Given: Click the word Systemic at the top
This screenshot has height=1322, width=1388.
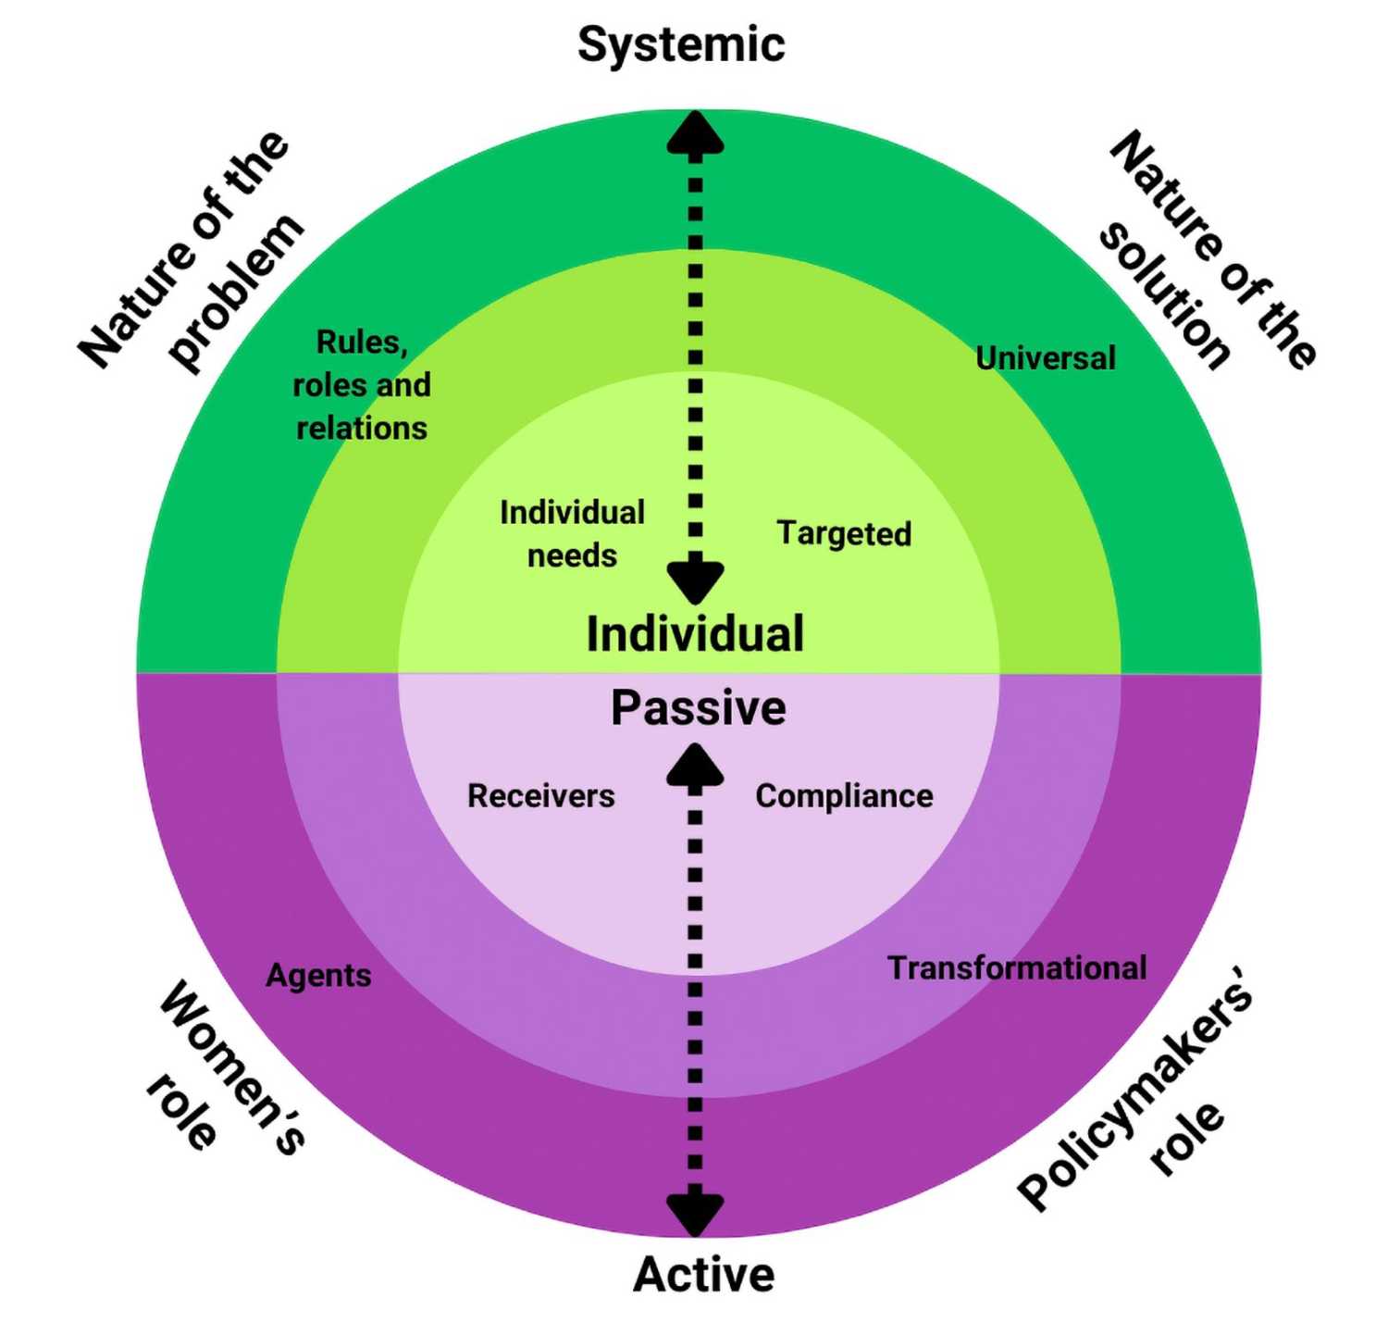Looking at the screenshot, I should tap(681, 45).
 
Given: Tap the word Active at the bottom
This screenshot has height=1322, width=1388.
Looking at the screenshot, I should tap(703, 1274).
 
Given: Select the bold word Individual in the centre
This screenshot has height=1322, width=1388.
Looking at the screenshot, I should tap(695, 634).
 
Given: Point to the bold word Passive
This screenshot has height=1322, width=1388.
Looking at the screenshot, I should tap(699, 708).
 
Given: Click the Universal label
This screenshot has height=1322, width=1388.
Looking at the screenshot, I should tap(1046, 358).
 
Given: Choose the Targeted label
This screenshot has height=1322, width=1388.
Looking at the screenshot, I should tap(844, 533).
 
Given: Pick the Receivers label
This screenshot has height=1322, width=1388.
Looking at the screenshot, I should tap(541, 796).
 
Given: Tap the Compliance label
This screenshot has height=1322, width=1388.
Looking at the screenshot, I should tap(844, 796).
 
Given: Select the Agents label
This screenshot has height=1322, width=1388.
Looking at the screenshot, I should tap(318, 976).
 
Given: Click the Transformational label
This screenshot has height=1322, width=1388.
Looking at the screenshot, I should tap(1017, 968).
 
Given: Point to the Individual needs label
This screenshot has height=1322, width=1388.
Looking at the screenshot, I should tap(572, 534).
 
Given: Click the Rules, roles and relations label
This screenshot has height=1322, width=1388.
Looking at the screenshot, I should tap(362, 385).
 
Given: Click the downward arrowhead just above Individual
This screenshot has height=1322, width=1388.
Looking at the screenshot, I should tap(695, 581).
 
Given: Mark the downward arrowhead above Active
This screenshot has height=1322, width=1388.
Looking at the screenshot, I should tap(695, 1213).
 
